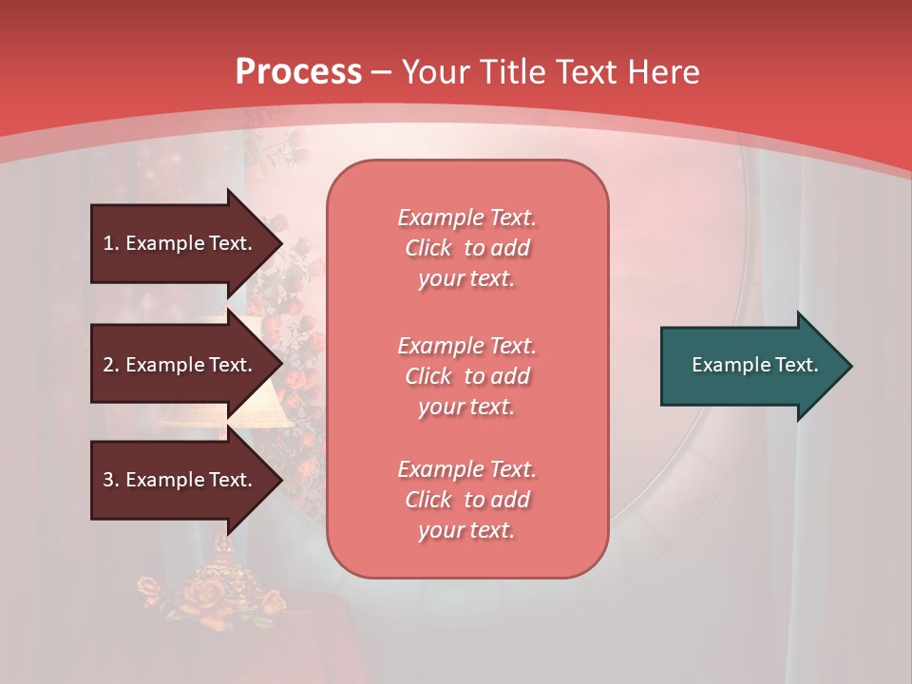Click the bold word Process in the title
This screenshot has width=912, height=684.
click(x=298, y=72)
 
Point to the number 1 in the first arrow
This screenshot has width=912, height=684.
click(x=108, y=243)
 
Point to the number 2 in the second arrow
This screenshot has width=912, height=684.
click(x=108, y=365)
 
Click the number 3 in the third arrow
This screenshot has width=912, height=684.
click(x=108, y=480)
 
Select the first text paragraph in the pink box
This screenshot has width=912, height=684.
click(x=466, y=248)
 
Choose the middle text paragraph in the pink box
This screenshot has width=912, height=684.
click(x=466, y=376)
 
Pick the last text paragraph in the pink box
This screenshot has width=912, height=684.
click(x=466, y=500)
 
